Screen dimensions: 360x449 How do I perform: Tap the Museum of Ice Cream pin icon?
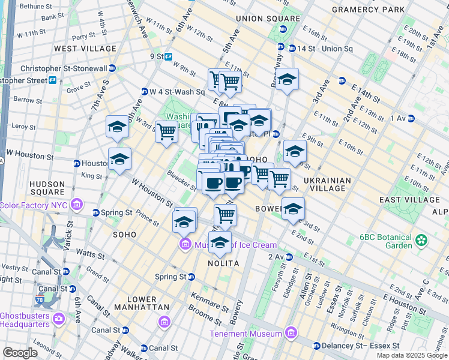point(184,244)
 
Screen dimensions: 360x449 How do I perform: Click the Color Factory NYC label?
point(34,205)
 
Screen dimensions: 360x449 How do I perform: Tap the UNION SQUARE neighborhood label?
point(268,19)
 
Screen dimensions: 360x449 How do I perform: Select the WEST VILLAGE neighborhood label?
point(85,48)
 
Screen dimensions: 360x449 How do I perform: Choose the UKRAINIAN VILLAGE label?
point(324,184)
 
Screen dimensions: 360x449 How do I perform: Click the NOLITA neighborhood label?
point(223,263)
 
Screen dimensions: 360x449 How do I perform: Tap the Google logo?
point(20,353)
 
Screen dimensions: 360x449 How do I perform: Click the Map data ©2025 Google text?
point(412,355)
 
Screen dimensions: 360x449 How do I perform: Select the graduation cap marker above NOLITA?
point(220,242)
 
